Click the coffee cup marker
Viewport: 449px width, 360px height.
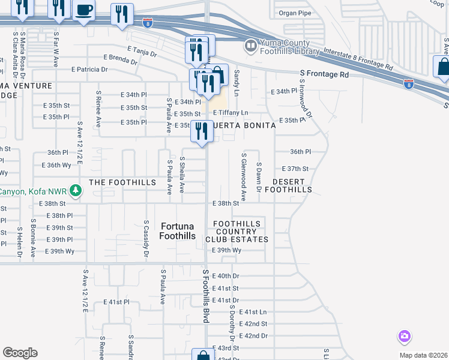click(x=83, y=10)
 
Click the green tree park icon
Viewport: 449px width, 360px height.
click(x=76, y=191)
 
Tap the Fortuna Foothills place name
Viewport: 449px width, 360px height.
click(x=178, y=231)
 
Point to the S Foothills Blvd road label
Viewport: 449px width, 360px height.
click(x=205, y=296)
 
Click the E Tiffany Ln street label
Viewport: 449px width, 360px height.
click(x=230, y=113)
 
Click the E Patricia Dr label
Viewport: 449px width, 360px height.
click(x=89, y=70)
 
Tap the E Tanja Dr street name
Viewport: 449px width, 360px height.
click(x=142, y=52)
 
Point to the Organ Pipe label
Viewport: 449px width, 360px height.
click(x=297, y=13)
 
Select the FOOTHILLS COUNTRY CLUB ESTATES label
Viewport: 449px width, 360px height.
click(x=238, y=232)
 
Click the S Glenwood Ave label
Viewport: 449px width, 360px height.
click(x=244, y=176)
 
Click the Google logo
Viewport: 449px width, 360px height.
click(x=19, y=353)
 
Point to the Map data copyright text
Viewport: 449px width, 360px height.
click(x=423, y=355)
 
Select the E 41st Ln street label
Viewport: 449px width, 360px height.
click(x=253, y=312)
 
